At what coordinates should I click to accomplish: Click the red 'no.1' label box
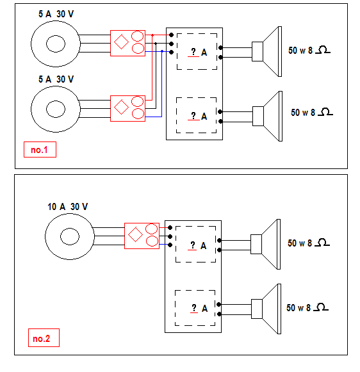click(40, 149)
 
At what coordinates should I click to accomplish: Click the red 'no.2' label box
click(44, 337)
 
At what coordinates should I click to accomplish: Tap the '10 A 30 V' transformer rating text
click(68, 207)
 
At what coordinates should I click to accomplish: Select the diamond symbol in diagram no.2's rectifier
click(135, 234)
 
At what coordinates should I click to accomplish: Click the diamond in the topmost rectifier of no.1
click(121, 42)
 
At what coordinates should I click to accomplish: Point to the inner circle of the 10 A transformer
click(70, 236)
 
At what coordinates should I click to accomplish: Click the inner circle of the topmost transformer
click(56, 44)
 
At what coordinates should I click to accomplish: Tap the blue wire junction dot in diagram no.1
click(162, 51)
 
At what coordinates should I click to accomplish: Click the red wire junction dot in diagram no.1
click(152, 35)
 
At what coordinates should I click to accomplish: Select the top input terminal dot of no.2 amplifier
click(170, 227)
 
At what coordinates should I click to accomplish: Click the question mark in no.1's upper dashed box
click(193, 51)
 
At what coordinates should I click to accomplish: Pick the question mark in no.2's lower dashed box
click(194, 308)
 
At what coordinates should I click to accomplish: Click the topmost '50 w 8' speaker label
click(300, 51)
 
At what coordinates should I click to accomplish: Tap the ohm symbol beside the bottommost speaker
click(321, 307)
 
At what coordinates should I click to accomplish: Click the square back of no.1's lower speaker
click(258, 117)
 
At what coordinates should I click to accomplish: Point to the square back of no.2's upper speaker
click(256, 244)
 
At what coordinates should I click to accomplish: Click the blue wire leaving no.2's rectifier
click(164, 244)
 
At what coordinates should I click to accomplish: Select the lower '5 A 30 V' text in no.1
click(56, 79)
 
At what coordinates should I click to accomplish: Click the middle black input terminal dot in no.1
click(171, 44)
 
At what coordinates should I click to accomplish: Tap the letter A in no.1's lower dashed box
click(204, 117)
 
